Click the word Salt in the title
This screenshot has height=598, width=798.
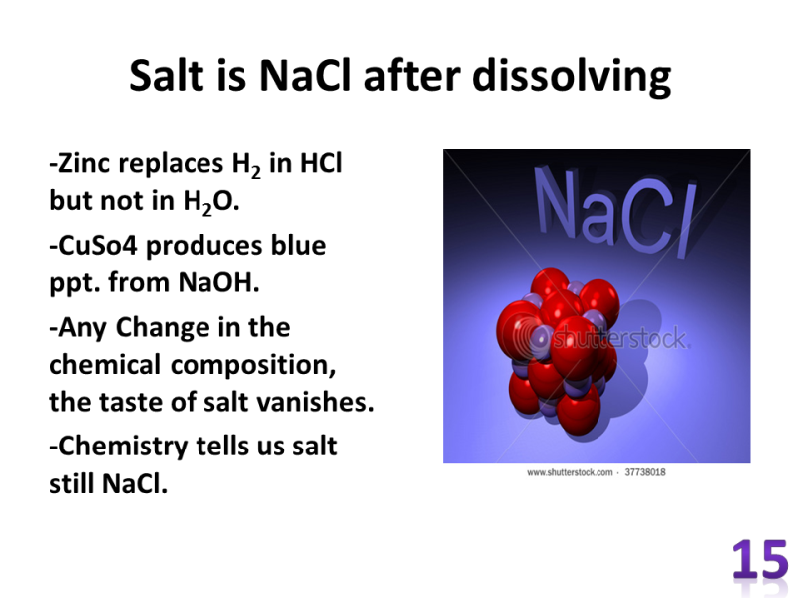point(166,76)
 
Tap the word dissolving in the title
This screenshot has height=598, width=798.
point(572,77)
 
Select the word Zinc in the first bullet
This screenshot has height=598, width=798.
point(80,163)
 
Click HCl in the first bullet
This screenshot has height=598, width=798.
point(321,163)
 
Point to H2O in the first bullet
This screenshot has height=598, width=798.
point(210,202)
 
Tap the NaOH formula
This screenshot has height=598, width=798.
point(218,282)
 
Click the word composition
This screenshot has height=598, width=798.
point(253,366)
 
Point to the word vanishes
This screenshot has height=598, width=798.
point(315,402)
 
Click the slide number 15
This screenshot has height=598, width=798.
point(760,560)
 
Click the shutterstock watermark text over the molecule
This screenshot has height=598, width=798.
point(619,338)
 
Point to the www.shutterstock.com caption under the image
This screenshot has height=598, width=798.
point(570,472)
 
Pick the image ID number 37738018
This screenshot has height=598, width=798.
point(645,472)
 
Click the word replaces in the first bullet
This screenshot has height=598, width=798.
point(171,164)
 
